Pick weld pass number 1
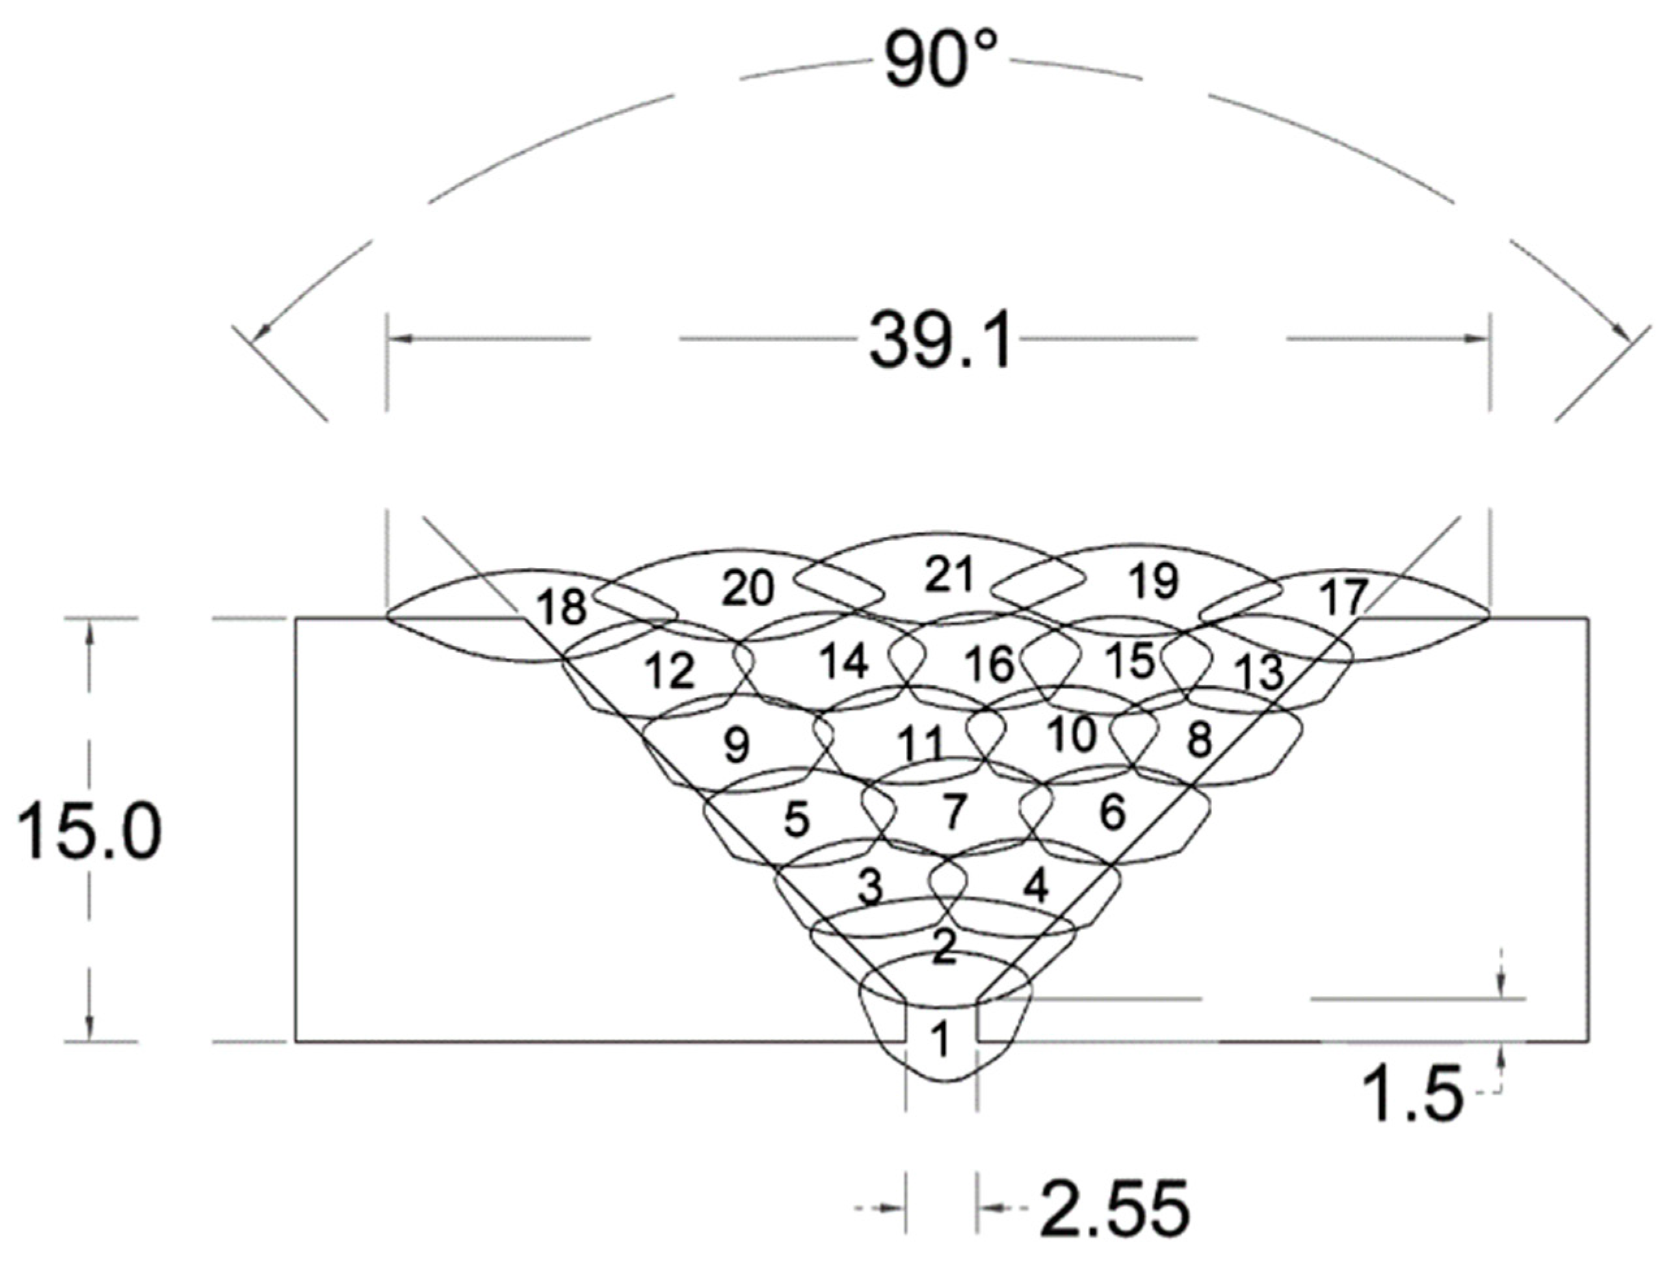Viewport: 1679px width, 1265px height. click(940, 1039)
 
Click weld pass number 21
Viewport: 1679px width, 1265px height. click(949, 574)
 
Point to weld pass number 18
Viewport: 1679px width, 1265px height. click(562, 606)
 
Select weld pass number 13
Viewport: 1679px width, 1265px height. click(1258, 671)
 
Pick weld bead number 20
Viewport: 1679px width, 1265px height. click(748, 588)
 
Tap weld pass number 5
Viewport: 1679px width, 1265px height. click(796, 820)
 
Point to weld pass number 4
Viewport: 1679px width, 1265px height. click(1035, 885)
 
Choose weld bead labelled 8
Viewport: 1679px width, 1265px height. click(1199, 739)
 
